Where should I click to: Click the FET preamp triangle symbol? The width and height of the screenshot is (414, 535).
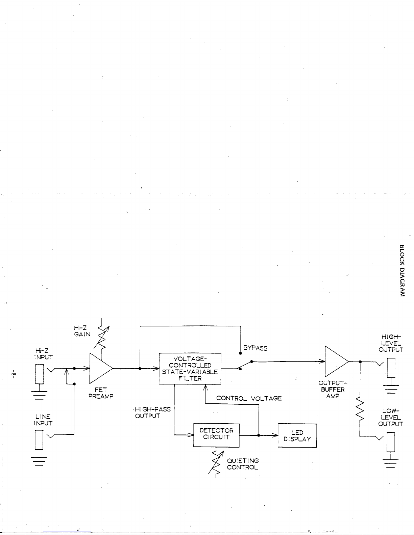click(101, 368)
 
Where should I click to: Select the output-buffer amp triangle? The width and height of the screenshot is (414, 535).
click(337, 362)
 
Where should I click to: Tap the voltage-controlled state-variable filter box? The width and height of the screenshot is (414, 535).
click(190, 369)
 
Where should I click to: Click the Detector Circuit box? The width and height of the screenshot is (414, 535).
click(216, 435)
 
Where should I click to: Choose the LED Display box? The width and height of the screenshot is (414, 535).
click(297, 435)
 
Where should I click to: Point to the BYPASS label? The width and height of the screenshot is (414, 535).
click(255, 348)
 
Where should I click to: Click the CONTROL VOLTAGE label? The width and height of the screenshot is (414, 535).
click(249, 398)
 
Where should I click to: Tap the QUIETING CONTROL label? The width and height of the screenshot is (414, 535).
click(243, 464)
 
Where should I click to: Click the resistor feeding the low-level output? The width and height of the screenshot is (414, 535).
click(360, 409)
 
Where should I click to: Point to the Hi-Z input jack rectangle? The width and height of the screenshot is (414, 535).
click(40, 374)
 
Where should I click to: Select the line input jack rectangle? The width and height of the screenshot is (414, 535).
click(39, 440)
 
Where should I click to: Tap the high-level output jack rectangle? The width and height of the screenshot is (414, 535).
click(391, 368)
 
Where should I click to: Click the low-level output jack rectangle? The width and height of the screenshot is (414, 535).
click(391, 442)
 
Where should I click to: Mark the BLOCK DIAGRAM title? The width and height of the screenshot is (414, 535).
click(402, 271)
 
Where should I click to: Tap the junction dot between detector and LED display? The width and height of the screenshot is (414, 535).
click(259, 435)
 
